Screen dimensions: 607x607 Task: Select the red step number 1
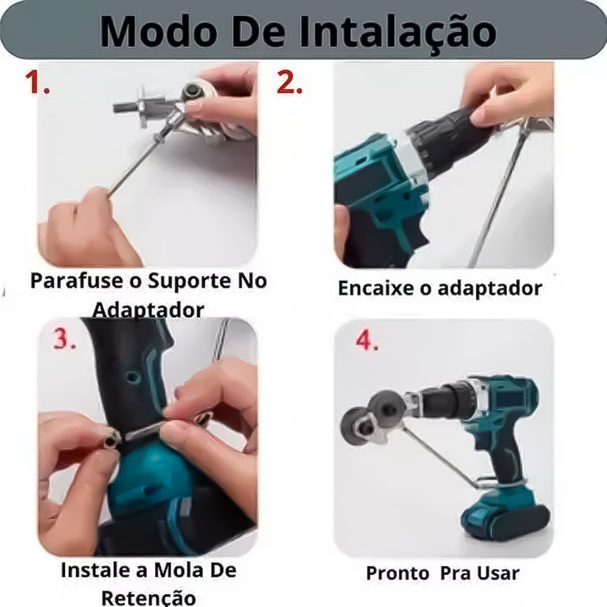point(37,82)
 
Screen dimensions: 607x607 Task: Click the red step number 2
point(289,82)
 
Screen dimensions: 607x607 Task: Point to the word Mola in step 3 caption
point(178,570)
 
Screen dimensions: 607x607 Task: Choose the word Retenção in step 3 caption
point(148,598)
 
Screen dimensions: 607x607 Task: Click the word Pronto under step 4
point(397,573)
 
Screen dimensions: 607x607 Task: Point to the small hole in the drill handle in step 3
point(132,376)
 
